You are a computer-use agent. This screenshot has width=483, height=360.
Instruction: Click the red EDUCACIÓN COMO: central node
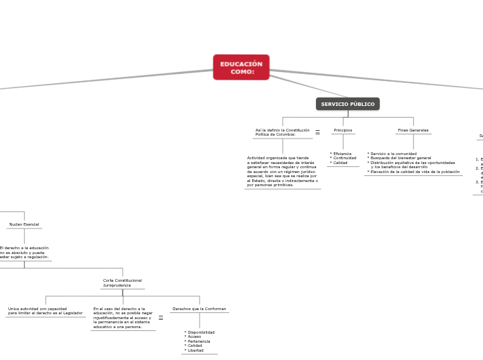(241, 68)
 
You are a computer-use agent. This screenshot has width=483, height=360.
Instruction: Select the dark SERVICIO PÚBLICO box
(348, 104)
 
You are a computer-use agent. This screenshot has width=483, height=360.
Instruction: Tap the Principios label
(343, 130)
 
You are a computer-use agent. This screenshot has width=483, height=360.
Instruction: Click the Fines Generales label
(413, 130)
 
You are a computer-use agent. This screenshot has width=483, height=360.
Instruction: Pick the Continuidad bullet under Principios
(344, 158)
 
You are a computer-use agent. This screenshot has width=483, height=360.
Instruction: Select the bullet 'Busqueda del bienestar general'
(401, 158)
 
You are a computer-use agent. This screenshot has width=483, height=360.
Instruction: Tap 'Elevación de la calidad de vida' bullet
(414, 172)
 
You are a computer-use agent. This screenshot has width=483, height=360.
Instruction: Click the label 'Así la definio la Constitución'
(282, 130)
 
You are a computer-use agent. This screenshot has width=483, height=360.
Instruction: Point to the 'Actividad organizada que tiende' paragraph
(282, 171)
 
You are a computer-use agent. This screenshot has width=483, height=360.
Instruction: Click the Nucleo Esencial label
(24, 224)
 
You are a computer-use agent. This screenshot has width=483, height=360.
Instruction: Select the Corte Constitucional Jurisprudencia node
(122, 282)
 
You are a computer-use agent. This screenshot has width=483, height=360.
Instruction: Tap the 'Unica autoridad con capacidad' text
(45, 311)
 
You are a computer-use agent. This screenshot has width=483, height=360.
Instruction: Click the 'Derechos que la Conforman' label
(199, 309)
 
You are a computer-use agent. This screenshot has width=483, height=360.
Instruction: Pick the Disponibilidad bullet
(201, 332)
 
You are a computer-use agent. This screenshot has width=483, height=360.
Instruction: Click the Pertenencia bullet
(200, 341)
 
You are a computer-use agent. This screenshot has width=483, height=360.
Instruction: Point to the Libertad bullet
(197, 350)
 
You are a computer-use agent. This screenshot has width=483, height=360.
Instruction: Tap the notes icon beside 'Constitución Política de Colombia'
(317, 132)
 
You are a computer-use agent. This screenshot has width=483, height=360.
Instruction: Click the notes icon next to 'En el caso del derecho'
(161, 318)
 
